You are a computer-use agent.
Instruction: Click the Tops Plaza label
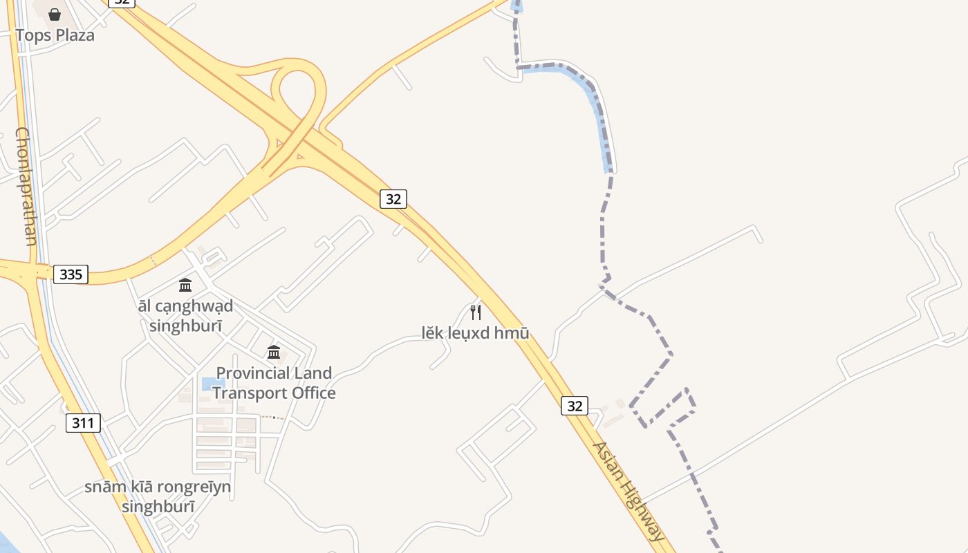point(55,35)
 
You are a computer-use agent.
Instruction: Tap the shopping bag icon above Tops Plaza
point(55,14)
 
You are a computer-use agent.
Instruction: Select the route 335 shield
point(71,274)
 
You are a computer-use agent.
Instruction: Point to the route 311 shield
point(83,422)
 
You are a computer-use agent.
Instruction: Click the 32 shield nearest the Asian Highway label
point(574,406)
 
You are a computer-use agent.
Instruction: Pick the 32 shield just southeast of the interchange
point(393,199)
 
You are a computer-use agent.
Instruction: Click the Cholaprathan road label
point(26,187)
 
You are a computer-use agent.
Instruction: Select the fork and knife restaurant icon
point(476,312)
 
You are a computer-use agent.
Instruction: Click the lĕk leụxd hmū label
point(476,333)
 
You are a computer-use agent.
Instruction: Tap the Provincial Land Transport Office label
point(274,383)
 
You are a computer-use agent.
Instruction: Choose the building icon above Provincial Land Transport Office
point(274,353)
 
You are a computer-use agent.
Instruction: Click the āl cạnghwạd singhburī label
point(185,315)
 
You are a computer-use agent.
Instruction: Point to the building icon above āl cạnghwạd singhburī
point(185,285)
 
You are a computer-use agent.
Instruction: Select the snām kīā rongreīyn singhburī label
point(158,496)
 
